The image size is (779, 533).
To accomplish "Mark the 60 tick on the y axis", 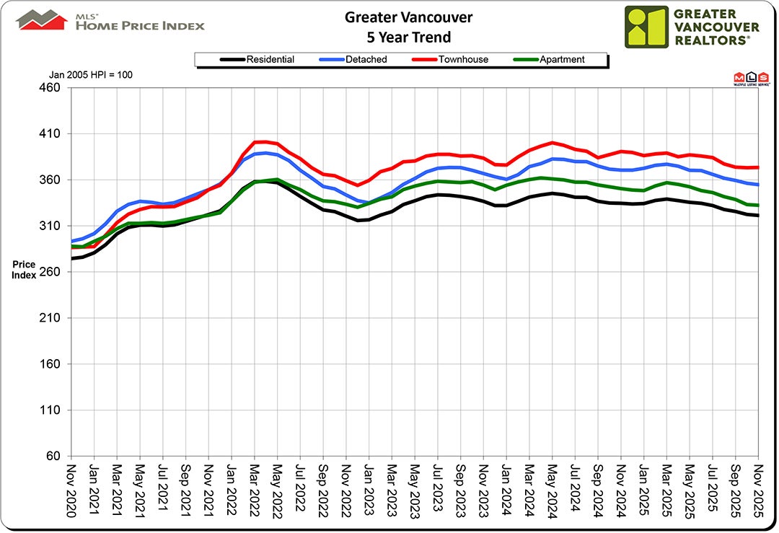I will click(x=57, y=457).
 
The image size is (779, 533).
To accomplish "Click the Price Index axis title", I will click(x=24, y=270).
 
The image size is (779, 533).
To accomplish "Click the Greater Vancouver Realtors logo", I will click(x=692, y=27).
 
